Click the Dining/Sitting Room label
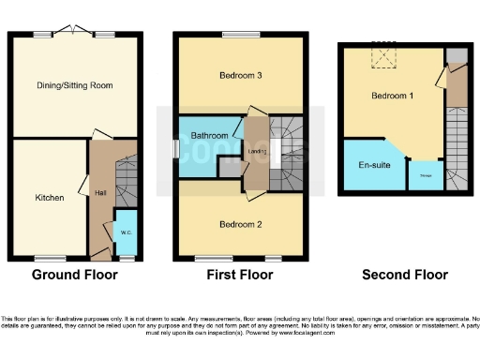tap(74, 85)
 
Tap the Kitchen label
tap(49, 198)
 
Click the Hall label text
tap(100, 193)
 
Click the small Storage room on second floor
tap(425, 175)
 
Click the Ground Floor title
tap(74, 275)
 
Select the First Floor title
tap(240, 275)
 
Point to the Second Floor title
tap(404, 275)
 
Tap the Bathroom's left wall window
tap(175, 148)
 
